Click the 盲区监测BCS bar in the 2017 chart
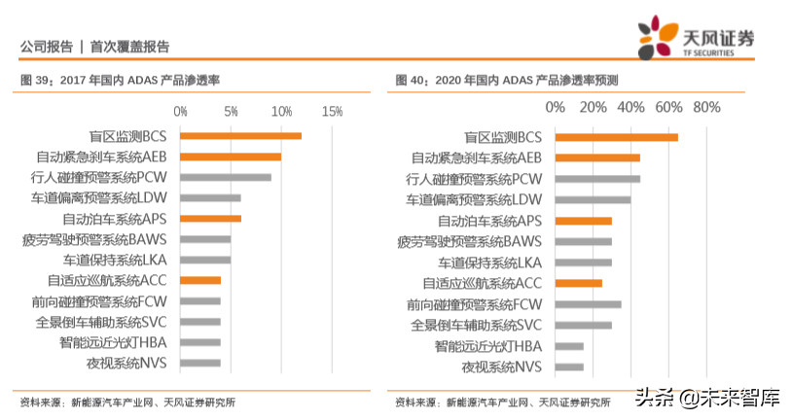coord(241,136)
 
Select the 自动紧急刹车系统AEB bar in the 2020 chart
coord(597,157)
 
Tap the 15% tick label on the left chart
coord(332,112)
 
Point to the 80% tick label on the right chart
coord(706,107)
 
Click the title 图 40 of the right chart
coord(506,80)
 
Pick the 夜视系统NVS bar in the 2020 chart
coord(569,367)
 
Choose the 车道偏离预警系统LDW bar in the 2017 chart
coord(211,198)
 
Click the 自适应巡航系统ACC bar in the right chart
coord(579,283)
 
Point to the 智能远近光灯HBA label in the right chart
coord(487,346)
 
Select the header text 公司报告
coord(46,46)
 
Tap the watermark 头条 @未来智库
coord(707,397)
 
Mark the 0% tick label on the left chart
coord(181,112)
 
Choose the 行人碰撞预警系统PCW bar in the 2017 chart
coord(227,177)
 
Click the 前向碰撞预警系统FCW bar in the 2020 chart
coord(588,304)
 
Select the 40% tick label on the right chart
coord(630,107)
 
